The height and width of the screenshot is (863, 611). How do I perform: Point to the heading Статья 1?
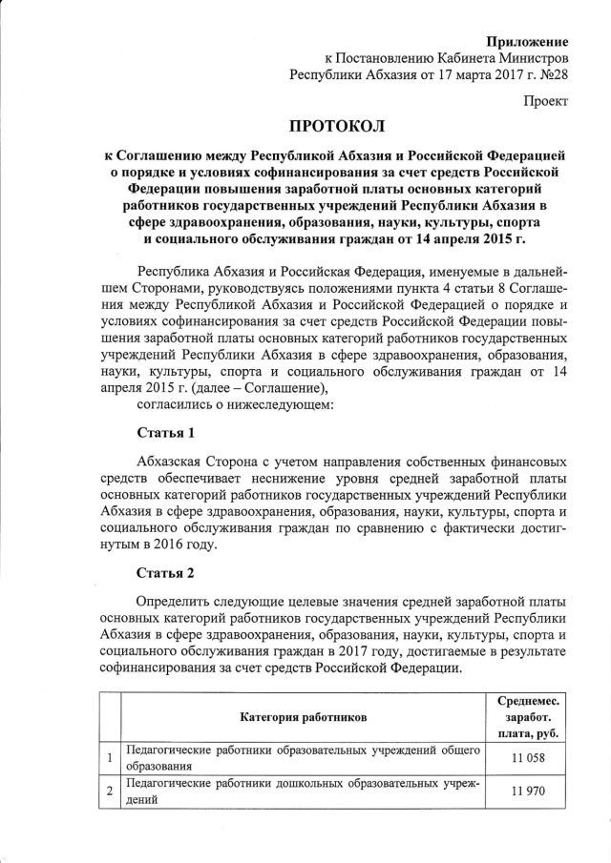tap(166, 432)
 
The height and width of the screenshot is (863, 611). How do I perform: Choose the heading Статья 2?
tap(166, 573)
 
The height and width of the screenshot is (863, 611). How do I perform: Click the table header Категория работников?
tap(302, 716)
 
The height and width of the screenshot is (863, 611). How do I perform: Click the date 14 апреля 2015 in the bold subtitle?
tap(456, 238)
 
